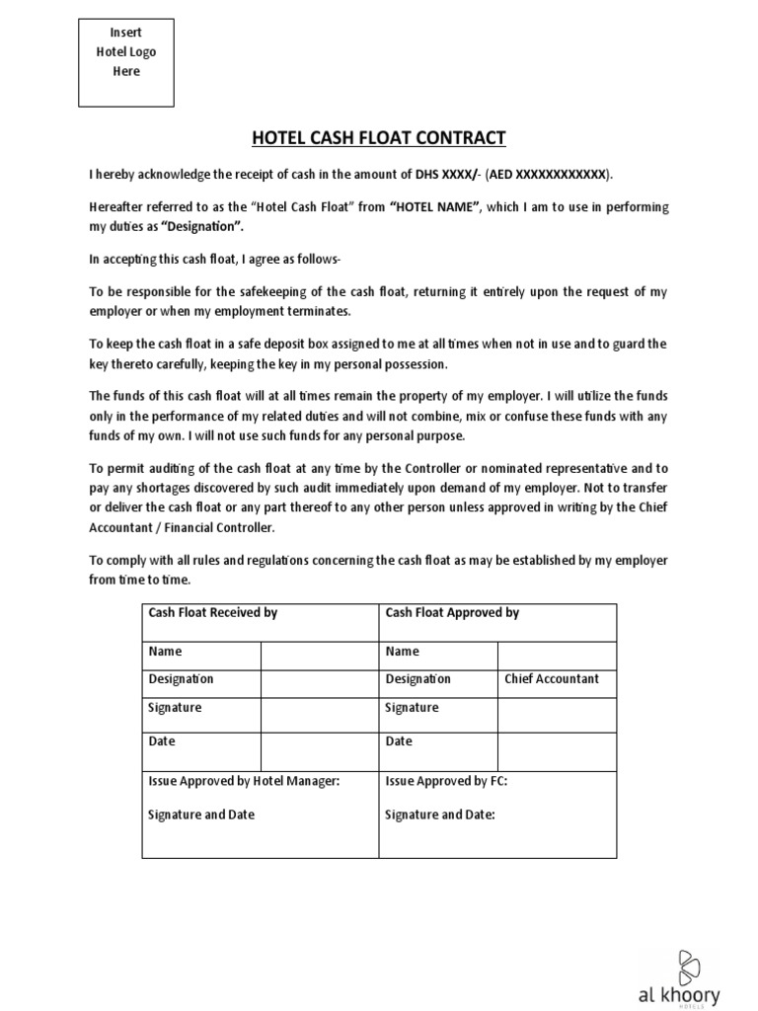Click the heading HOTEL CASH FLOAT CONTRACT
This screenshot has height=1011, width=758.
(379, 137)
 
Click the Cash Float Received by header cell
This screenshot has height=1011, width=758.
(212, 613)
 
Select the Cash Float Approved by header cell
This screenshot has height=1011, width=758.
(452, 613)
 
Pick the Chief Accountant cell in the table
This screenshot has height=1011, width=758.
(552, 679)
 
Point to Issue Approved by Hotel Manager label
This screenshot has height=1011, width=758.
(244, 781)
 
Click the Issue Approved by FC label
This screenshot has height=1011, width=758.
(446, 781)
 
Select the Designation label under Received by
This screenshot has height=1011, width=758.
(181, 679)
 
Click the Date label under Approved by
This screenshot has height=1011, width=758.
(399, 741)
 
